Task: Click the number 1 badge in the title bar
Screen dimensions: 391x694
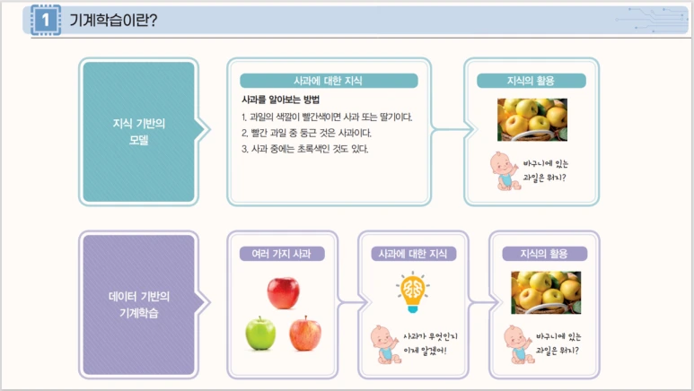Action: [x=45, y=20]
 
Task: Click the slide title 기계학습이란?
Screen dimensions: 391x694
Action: [x=113, y=20]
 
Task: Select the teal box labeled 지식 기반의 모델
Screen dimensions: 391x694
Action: [x=137, y=132]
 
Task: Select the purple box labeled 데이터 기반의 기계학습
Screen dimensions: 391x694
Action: [x=137, y=304]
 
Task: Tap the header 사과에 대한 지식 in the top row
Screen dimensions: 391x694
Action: [x=329, y=81]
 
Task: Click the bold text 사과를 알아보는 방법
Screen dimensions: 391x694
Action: [x=281, y=99]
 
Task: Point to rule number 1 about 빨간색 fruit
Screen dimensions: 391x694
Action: [x=327, y=117]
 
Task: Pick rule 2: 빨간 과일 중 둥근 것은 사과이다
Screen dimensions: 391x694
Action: [x=306, y=133]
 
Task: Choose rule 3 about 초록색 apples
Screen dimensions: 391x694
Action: [x=305, y=149]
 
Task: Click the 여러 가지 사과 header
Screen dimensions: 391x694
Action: [x=281, y=254]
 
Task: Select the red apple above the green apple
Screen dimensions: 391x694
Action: [x=283, y=293]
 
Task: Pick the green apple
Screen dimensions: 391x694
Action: [x=260, y=334]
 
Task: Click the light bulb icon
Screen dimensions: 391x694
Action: [x=413, y=291]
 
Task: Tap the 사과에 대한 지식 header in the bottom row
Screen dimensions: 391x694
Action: [x=414, y=254]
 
